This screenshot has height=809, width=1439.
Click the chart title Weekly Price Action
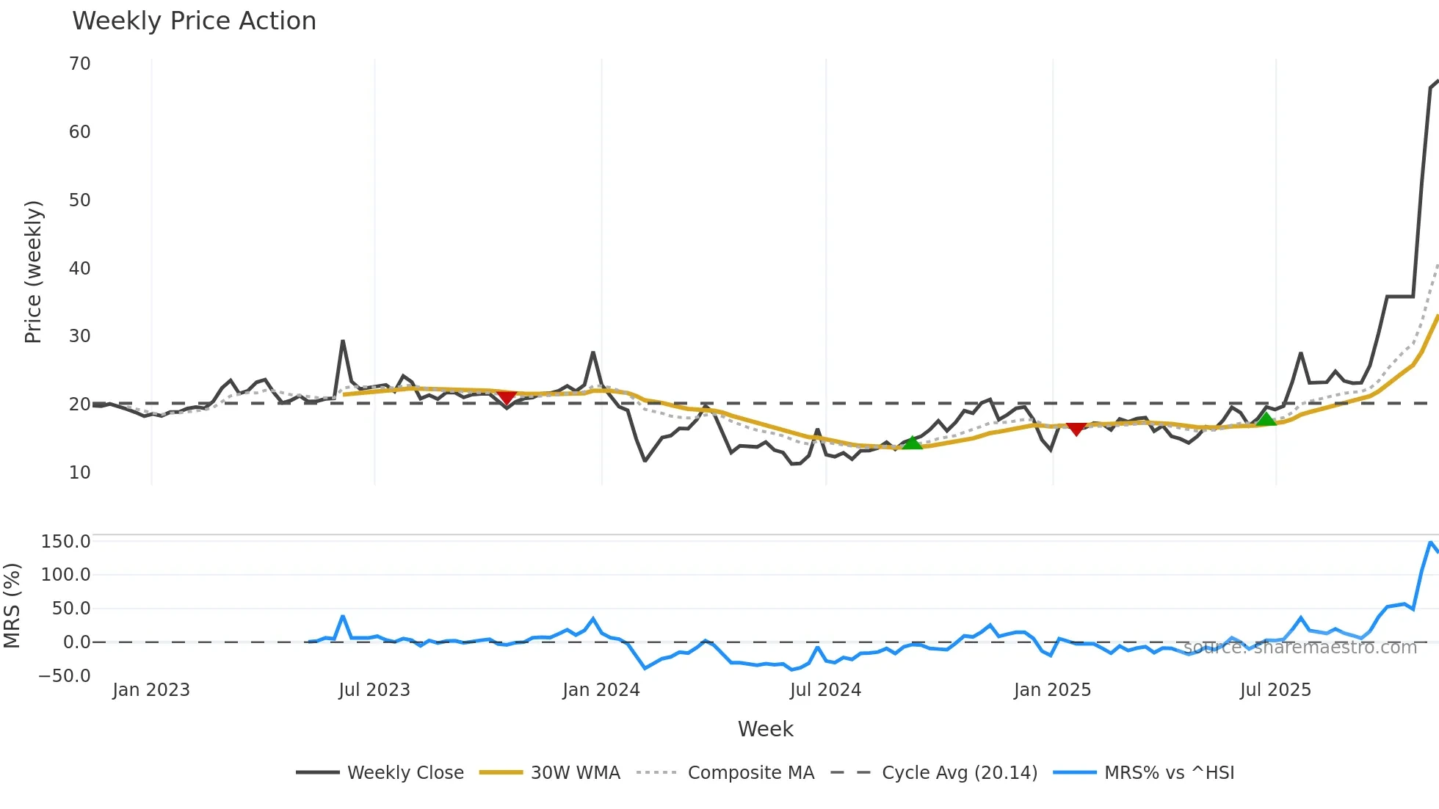point(194,21)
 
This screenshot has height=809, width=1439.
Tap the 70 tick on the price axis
point(80,64)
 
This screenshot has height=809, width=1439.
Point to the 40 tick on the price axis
point(80,269)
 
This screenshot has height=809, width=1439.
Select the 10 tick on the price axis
point(80,473)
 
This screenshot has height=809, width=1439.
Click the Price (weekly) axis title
point(34,272)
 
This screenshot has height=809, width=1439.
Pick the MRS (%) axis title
point(12,606)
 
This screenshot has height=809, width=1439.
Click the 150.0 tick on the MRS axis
point(66,542)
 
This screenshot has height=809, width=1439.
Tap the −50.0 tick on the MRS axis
point(65,676)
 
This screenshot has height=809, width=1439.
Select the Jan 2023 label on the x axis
point(151,690)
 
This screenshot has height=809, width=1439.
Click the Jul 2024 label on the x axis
point(825,690)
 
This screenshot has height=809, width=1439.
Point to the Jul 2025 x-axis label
point(1275,690)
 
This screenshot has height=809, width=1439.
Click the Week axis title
point(765,729)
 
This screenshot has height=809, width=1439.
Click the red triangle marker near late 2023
point(507,397)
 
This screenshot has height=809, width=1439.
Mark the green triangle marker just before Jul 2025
point(1266,419)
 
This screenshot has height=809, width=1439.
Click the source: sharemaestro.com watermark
point(1300,647)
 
